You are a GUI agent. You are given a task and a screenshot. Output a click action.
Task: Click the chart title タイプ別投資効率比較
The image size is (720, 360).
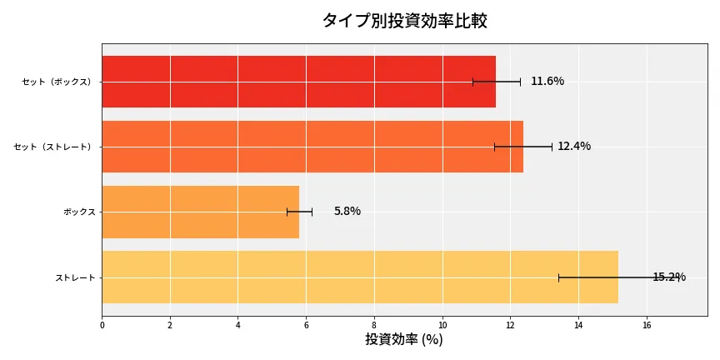click(404, 21)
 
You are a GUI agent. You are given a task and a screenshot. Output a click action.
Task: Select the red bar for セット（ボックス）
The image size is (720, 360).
click(298, 82)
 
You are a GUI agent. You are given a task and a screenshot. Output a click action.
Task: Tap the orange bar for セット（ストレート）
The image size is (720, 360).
click(312, 147)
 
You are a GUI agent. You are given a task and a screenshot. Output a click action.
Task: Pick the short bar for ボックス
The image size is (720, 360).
click(200, 212)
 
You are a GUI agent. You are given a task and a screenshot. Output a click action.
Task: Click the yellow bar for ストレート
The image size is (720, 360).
click(360, 277)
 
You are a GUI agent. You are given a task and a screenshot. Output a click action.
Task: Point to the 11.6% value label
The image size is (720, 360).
click(547, 82)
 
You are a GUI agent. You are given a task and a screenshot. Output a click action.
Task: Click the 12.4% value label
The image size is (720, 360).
click(574, 147)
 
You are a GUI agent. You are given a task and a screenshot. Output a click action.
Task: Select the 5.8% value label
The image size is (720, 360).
click(347, 212)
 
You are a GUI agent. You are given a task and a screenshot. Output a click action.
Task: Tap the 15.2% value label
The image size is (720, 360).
click(669, 277)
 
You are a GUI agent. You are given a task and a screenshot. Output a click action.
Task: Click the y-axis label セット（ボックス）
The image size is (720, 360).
click(57, 82)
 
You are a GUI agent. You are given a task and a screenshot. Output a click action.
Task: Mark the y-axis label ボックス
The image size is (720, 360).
click(79, 212)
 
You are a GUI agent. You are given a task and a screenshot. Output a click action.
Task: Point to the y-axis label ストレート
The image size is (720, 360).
click(75, 277)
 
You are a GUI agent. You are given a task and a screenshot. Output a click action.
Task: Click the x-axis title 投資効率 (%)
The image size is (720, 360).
click(404, 339)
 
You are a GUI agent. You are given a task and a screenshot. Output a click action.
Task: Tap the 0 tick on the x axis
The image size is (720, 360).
click(102, 325)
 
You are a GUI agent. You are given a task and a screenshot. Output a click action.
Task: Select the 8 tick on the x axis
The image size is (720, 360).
click(374, 325)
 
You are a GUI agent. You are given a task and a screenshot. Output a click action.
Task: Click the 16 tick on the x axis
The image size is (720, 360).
click(647, 325)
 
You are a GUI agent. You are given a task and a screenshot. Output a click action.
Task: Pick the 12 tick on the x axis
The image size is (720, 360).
click(510, 325)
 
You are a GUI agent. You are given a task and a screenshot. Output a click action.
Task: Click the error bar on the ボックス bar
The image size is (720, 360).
click(299, 212)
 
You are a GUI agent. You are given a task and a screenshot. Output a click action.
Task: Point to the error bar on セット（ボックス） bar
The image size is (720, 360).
click(497, 82)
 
